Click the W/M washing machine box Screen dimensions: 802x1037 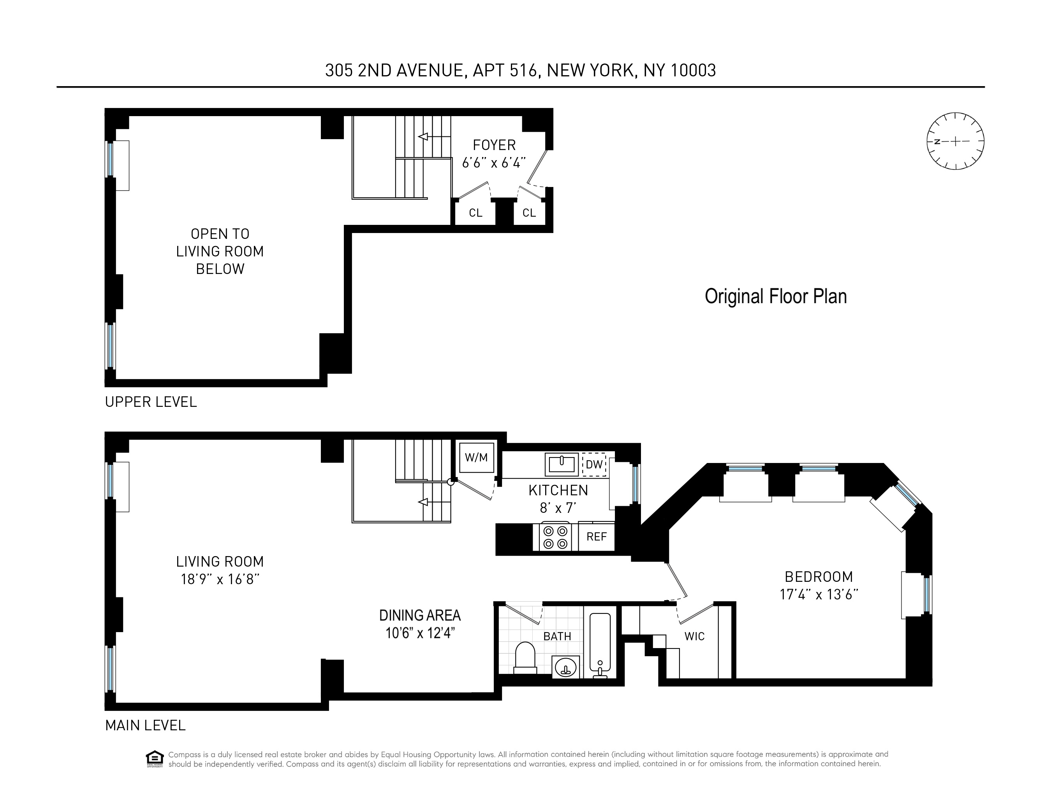click(x=476, y=458)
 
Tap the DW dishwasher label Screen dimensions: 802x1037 click(x=594, y=465)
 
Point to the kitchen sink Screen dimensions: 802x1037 click(x=561, y=464)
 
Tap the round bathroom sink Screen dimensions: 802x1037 click(x=565, y=667)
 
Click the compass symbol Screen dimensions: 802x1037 click(x=955, y=141)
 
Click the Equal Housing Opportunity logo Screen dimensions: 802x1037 click(x=154, y=759)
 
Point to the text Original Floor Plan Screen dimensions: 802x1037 click(x=775, y=297)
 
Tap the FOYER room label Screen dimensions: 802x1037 click(x=494, y=145)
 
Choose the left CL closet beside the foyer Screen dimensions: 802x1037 click(x=475, y=213)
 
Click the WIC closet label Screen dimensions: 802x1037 click(x=694, y=637)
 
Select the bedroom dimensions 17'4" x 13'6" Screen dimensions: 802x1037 click(x=819, y=595)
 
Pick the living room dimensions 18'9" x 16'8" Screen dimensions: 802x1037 click(x=220, y=579)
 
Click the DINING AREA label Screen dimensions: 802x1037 click(x=420, y=616)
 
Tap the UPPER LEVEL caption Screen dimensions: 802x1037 click(x=151, y=402)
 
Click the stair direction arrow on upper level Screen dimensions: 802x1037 click(x=423, y=137)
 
